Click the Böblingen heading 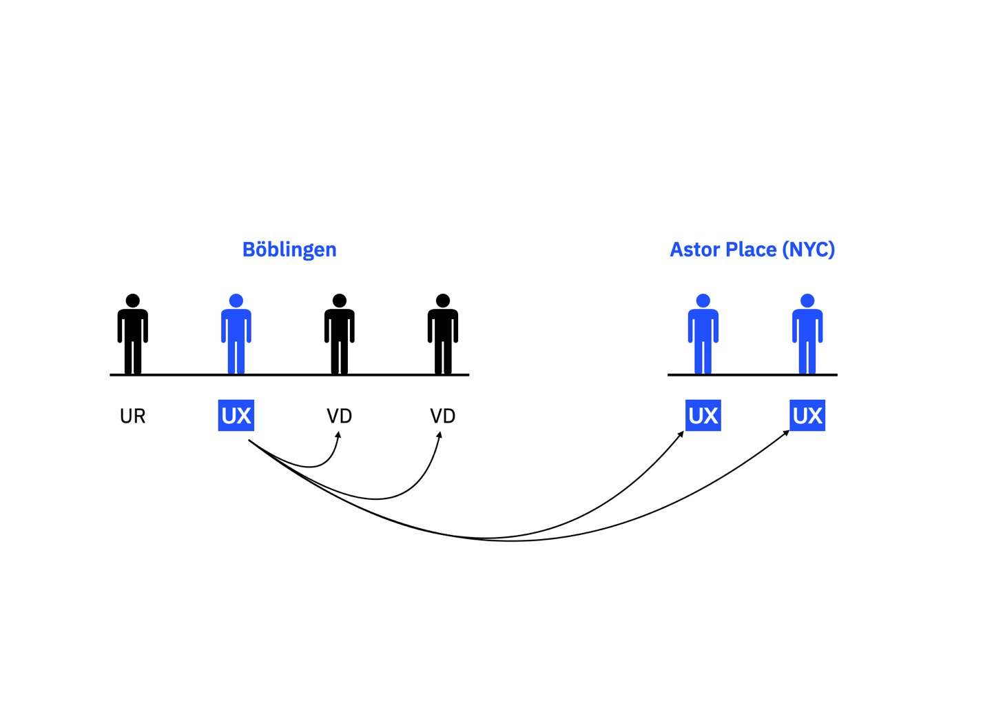tap(289, 250)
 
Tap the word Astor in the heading tap(694, 250)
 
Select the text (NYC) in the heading tap(808, 250)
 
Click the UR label tap(132, 416)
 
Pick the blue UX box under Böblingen tap(236, 416)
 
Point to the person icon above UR tap(132, 334)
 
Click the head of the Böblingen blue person tap(236, 301)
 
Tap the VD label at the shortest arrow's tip tap(339, 416)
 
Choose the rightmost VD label tap(442, 416)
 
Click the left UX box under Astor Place tap(703, 416)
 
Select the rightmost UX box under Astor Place tap(807, 416)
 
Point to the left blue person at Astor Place tap(703, 334)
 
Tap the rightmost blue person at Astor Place tap(807, 334)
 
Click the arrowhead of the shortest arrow tap(338, 435)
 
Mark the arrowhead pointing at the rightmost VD tap(440, 435)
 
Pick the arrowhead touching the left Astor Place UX tap(681, 434)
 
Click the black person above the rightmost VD tap(442, 334)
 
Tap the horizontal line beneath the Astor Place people tap(752, 375)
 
